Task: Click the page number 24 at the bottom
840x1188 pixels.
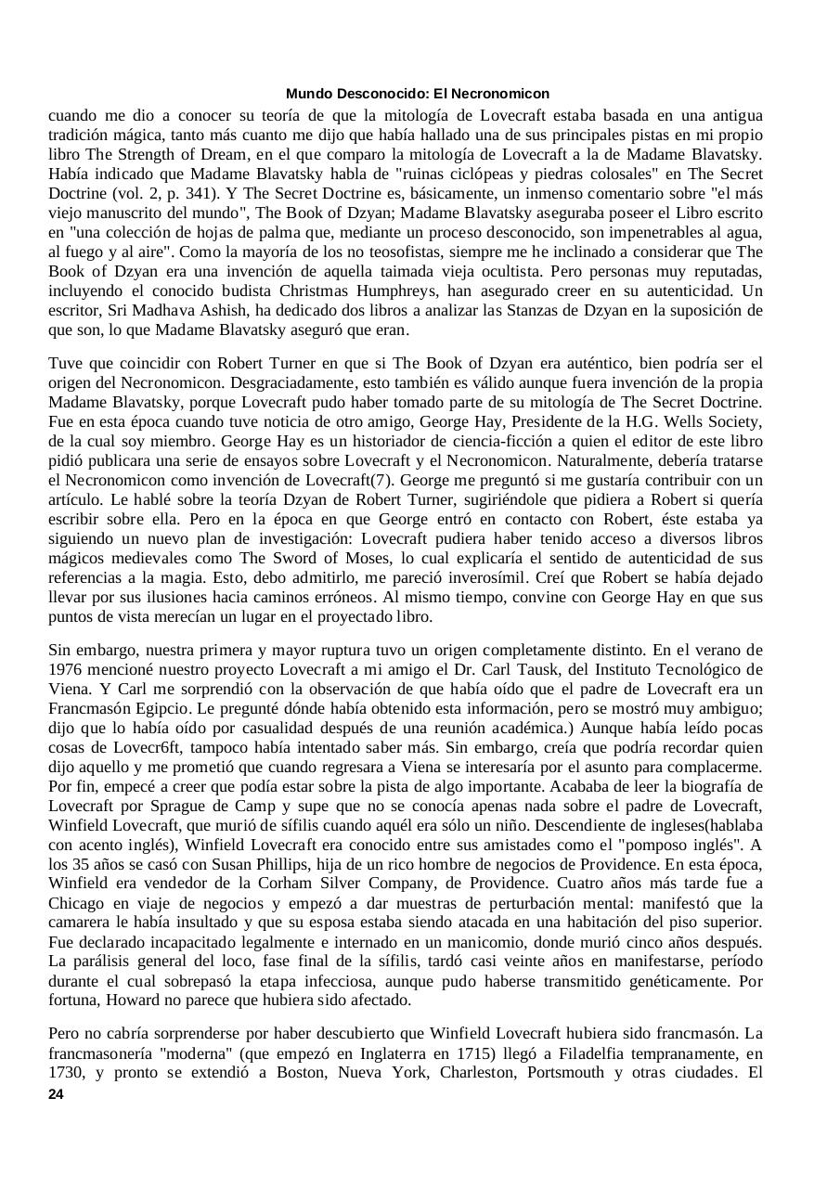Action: click(56, 1095)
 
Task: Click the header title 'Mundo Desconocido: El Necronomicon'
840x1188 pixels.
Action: click(418, 94)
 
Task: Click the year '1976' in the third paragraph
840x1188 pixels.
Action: click(65, 669)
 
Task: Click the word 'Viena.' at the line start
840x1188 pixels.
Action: click(71, 689)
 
